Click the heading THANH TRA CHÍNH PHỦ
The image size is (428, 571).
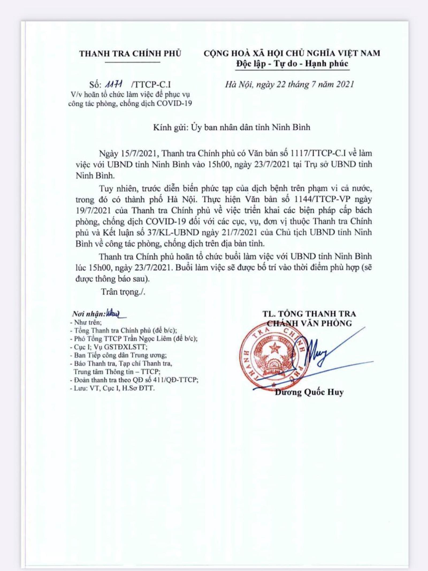130,53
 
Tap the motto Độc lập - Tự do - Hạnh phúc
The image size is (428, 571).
292,64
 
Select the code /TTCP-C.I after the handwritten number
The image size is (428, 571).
151,85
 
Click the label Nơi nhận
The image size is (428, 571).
89,314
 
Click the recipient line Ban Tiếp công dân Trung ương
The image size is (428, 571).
120,355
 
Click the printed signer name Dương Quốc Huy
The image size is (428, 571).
309,392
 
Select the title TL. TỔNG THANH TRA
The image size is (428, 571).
309,314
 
